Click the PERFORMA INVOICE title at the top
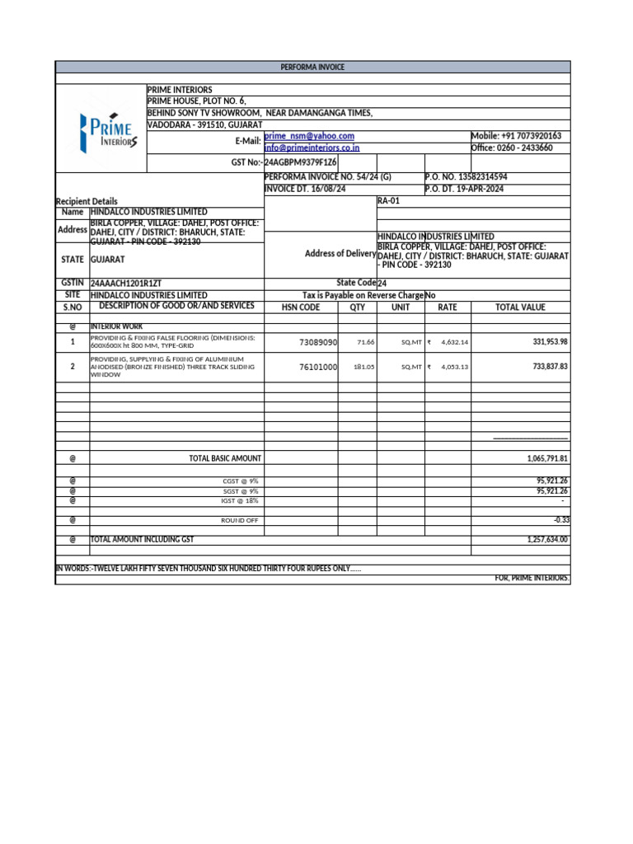[312, 67]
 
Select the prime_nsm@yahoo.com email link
[310, 136]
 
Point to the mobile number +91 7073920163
[516, 136]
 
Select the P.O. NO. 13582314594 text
[467, 177]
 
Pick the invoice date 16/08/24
[305, 189]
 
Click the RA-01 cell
[388, 200]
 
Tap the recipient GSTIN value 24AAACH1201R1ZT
[126, 283]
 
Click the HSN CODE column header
[300, 307]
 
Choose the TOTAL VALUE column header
[519, 307]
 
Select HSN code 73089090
[318, 342]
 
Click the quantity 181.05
[364, 367]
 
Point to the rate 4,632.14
[454, 342]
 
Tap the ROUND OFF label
[240, 520]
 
